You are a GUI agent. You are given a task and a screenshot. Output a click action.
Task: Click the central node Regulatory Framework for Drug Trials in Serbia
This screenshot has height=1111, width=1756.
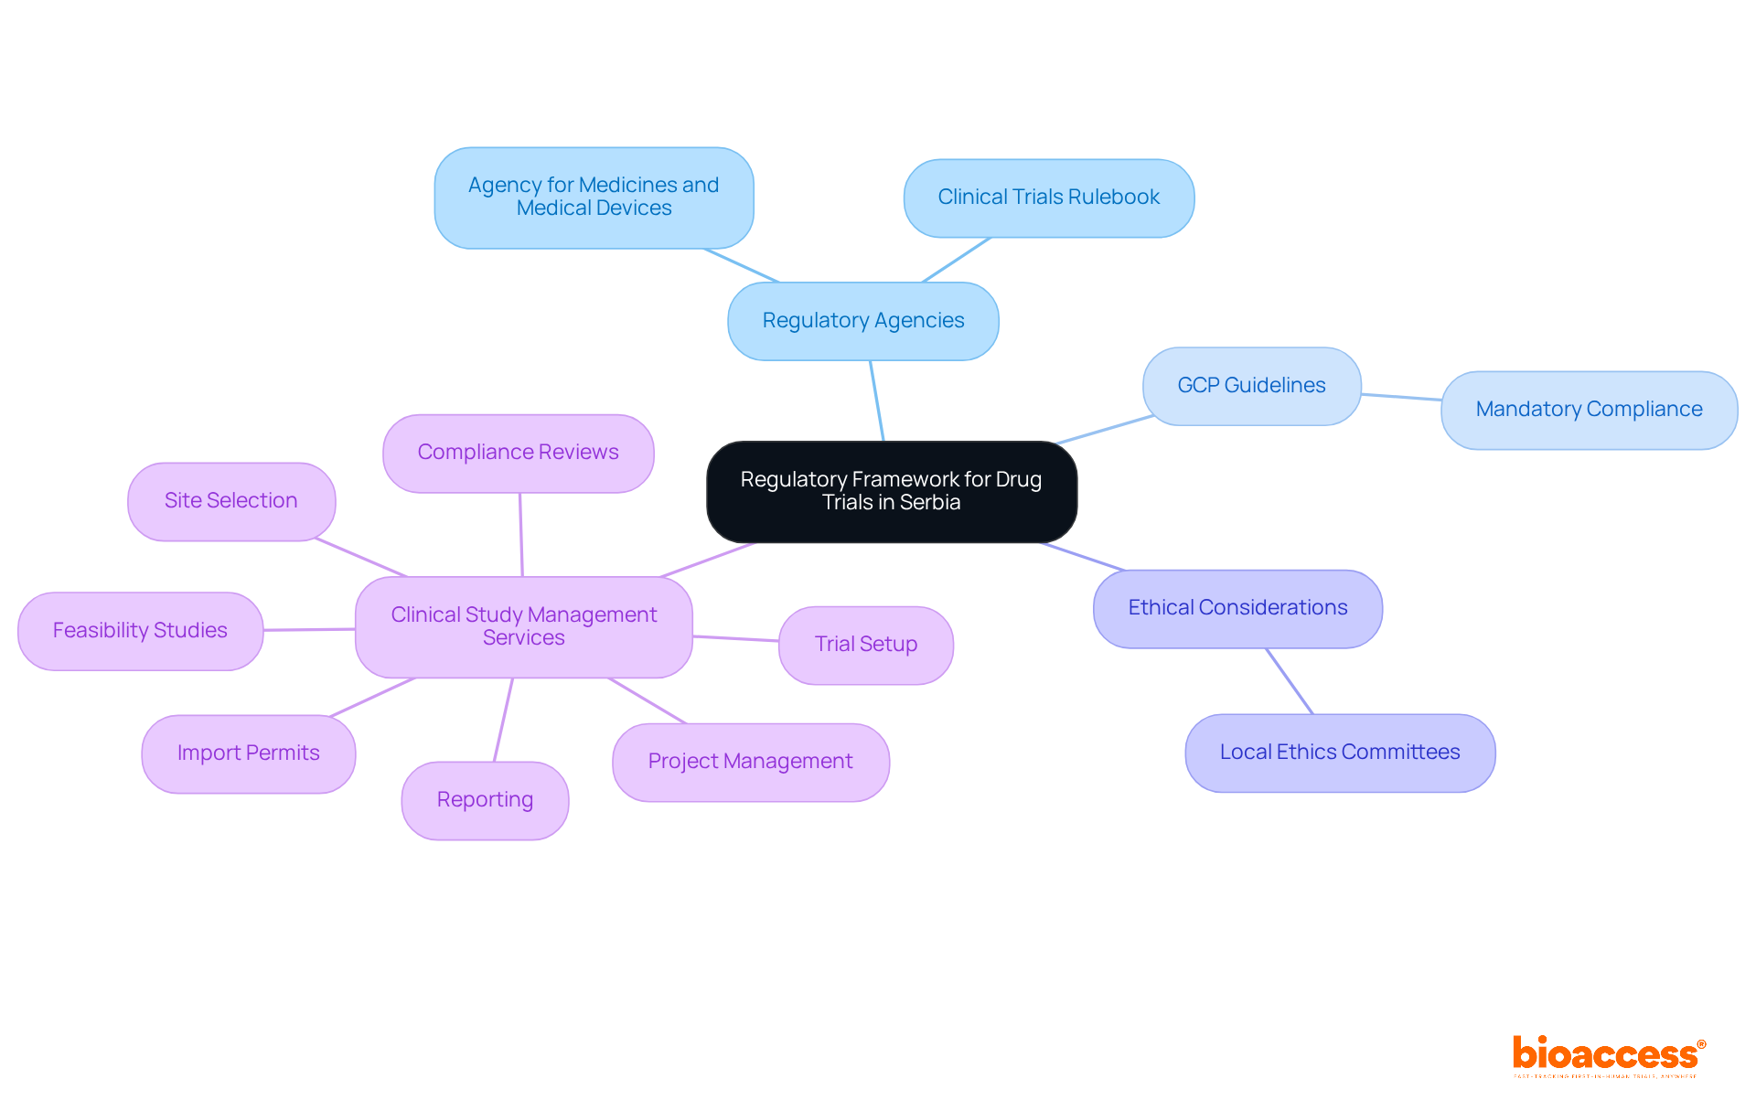click(x=891, y=491)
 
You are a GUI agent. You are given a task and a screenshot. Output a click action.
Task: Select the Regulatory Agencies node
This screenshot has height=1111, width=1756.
click(x=862, y=321)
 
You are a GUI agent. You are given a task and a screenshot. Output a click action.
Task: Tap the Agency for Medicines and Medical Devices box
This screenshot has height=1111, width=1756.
click(x=594, y=198)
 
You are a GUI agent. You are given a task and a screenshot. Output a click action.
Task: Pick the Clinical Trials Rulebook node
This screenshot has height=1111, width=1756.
click(x=1048, y=198)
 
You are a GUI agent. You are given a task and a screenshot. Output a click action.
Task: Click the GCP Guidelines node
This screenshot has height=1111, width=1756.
click(x=1251, y=386)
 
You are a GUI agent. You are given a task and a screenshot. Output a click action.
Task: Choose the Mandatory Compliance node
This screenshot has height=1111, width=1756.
click(x=1589, y=410)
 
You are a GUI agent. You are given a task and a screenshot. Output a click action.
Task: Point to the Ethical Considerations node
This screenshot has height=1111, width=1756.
click(x=1237, y=608)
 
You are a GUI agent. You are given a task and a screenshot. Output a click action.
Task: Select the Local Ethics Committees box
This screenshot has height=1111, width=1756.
click(x=1339, y=753)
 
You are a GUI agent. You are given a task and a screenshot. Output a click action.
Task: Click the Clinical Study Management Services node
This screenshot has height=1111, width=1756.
click(x=523, y=626)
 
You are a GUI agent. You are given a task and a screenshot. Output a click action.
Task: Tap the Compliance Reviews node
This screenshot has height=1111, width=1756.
click(x=518, y=453)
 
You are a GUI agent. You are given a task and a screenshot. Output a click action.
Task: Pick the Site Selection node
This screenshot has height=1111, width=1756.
click(x=230, y=501)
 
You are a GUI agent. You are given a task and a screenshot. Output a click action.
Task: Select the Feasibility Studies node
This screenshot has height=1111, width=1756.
click(x=140, y=631)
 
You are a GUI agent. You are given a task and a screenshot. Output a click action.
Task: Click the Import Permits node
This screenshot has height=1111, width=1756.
click(x=248, y=753)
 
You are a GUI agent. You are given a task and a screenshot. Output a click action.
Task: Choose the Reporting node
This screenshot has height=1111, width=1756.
click(x=485, y=800)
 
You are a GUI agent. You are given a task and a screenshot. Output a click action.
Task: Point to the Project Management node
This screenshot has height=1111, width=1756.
click(x=750, y=762)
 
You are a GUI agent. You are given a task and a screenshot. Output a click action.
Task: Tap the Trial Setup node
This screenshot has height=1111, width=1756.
click(x=865, y=645)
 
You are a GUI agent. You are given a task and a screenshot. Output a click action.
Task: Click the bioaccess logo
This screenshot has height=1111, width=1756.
click(x=1608, y=1055)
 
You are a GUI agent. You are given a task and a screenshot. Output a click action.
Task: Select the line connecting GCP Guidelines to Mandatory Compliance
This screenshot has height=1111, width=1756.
click(x=1401, y=397)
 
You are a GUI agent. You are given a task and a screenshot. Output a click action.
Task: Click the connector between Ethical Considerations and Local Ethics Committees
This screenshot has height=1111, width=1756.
click(x=1290, y=681)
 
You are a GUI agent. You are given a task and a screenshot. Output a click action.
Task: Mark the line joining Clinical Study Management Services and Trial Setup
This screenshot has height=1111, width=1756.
click(x=735, y=638)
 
